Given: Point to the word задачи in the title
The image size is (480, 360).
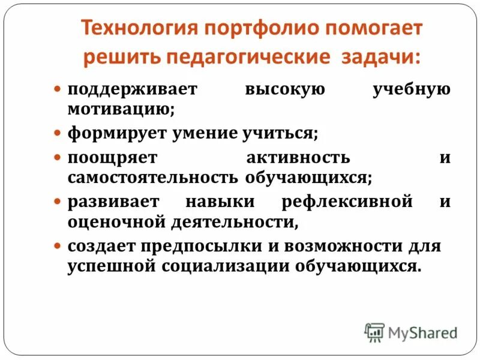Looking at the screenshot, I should [381, 58].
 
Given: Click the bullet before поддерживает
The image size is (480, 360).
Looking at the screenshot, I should [58, 89].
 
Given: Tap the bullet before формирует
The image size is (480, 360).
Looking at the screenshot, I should [58, 133].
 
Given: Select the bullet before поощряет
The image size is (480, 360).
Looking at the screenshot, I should [58, 157].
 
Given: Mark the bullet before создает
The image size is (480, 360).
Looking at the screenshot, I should [58, 246].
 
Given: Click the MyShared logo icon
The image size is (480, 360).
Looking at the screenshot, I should [374, 332].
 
